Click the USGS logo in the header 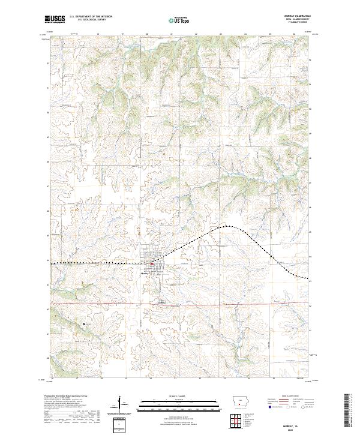pyautogui.click(x=55, y=19)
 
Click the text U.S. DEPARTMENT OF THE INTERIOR pyautogui.click(x=91, y=17)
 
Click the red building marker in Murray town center pyautogui.click(x=152, y=263)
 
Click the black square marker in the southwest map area pyautogui.click(x=83, y=325)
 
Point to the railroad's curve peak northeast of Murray pyautogui.click(x=225, y=226)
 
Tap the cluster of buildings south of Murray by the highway pyautogui.click(x=160, y=302)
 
